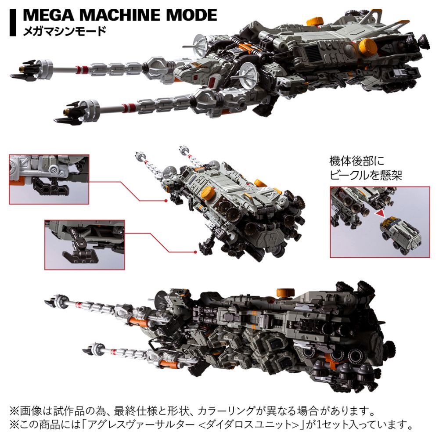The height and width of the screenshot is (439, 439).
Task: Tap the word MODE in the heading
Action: [192, 15]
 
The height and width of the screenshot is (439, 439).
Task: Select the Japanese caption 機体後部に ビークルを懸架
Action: [366, 168]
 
